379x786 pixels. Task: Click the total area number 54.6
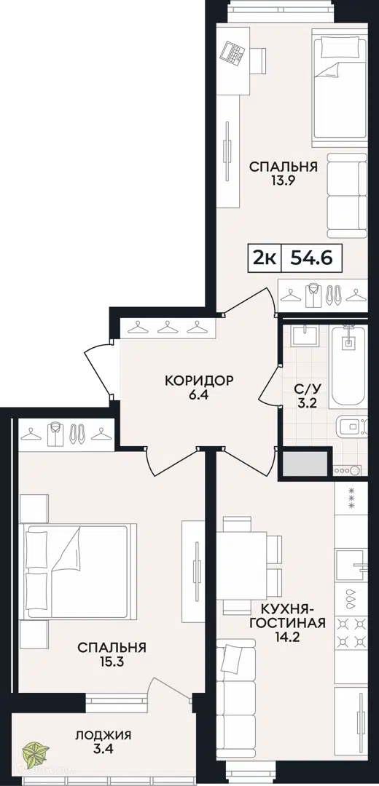pos(310,258)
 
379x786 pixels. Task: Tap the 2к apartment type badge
pos(264,258)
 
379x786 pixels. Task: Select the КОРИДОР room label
pos(199,381)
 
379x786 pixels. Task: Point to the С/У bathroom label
pos(304,388)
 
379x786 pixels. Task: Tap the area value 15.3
pos(112,661)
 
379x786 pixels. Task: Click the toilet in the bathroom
pos(350,426)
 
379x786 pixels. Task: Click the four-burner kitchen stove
pos(352,632)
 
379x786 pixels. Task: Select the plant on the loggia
pos(36,753)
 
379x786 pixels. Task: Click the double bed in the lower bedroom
pos(78,571)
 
